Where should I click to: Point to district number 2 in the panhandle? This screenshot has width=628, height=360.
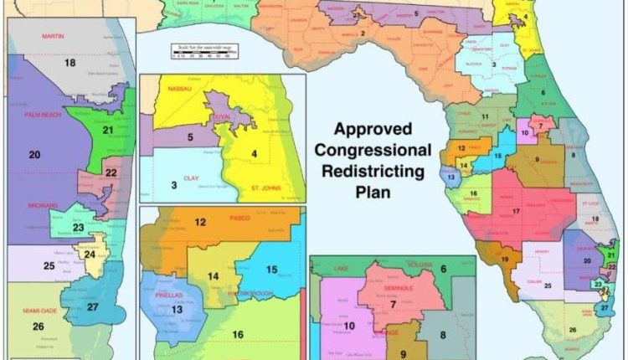[x=363, y=33]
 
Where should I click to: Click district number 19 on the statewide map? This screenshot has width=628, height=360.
[x=504, y=260]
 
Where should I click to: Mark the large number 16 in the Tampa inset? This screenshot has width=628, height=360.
[x=238, y=335]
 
